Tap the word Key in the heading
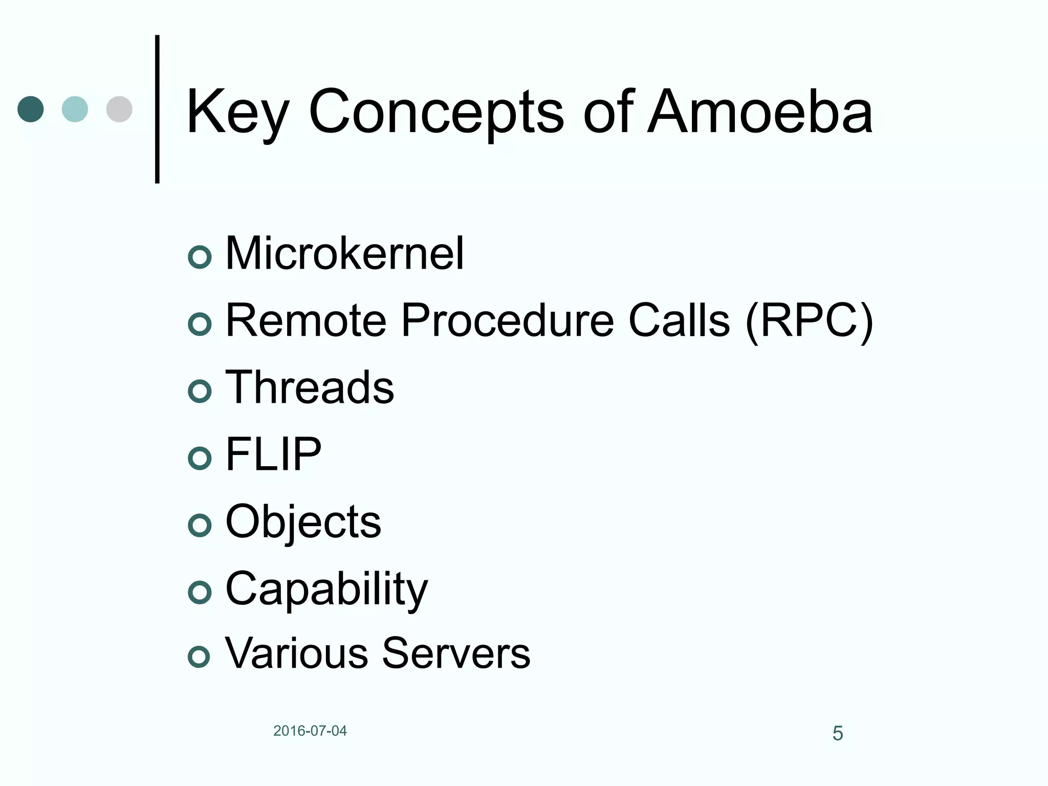tap(238, 114)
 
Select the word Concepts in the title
tap(436, 114)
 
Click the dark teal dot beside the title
tap(31, 109)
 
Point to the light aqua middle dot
tap(75, 109)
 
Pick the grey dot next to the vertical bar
tap(119, 109)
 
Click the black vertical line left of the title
tap(157, 109)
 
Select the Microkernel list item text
tap(344, 253)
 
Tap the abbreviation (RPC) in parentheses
tap(809, 321)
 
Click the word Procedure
tap(507, 321)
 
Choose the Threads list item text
tap(310, 387)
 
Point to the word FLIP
tap(273, 454)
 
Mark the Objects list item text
tap(303, 522)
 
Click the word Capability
tap(326, 589)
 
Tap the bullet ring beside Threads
tap(200, 391)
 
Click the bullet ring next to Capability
tap(200, 593)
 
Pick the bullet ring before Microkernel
tap(200, 257)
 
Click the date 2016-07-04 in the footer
tap(310, 731)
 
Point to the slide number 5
tap(838, 733)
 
